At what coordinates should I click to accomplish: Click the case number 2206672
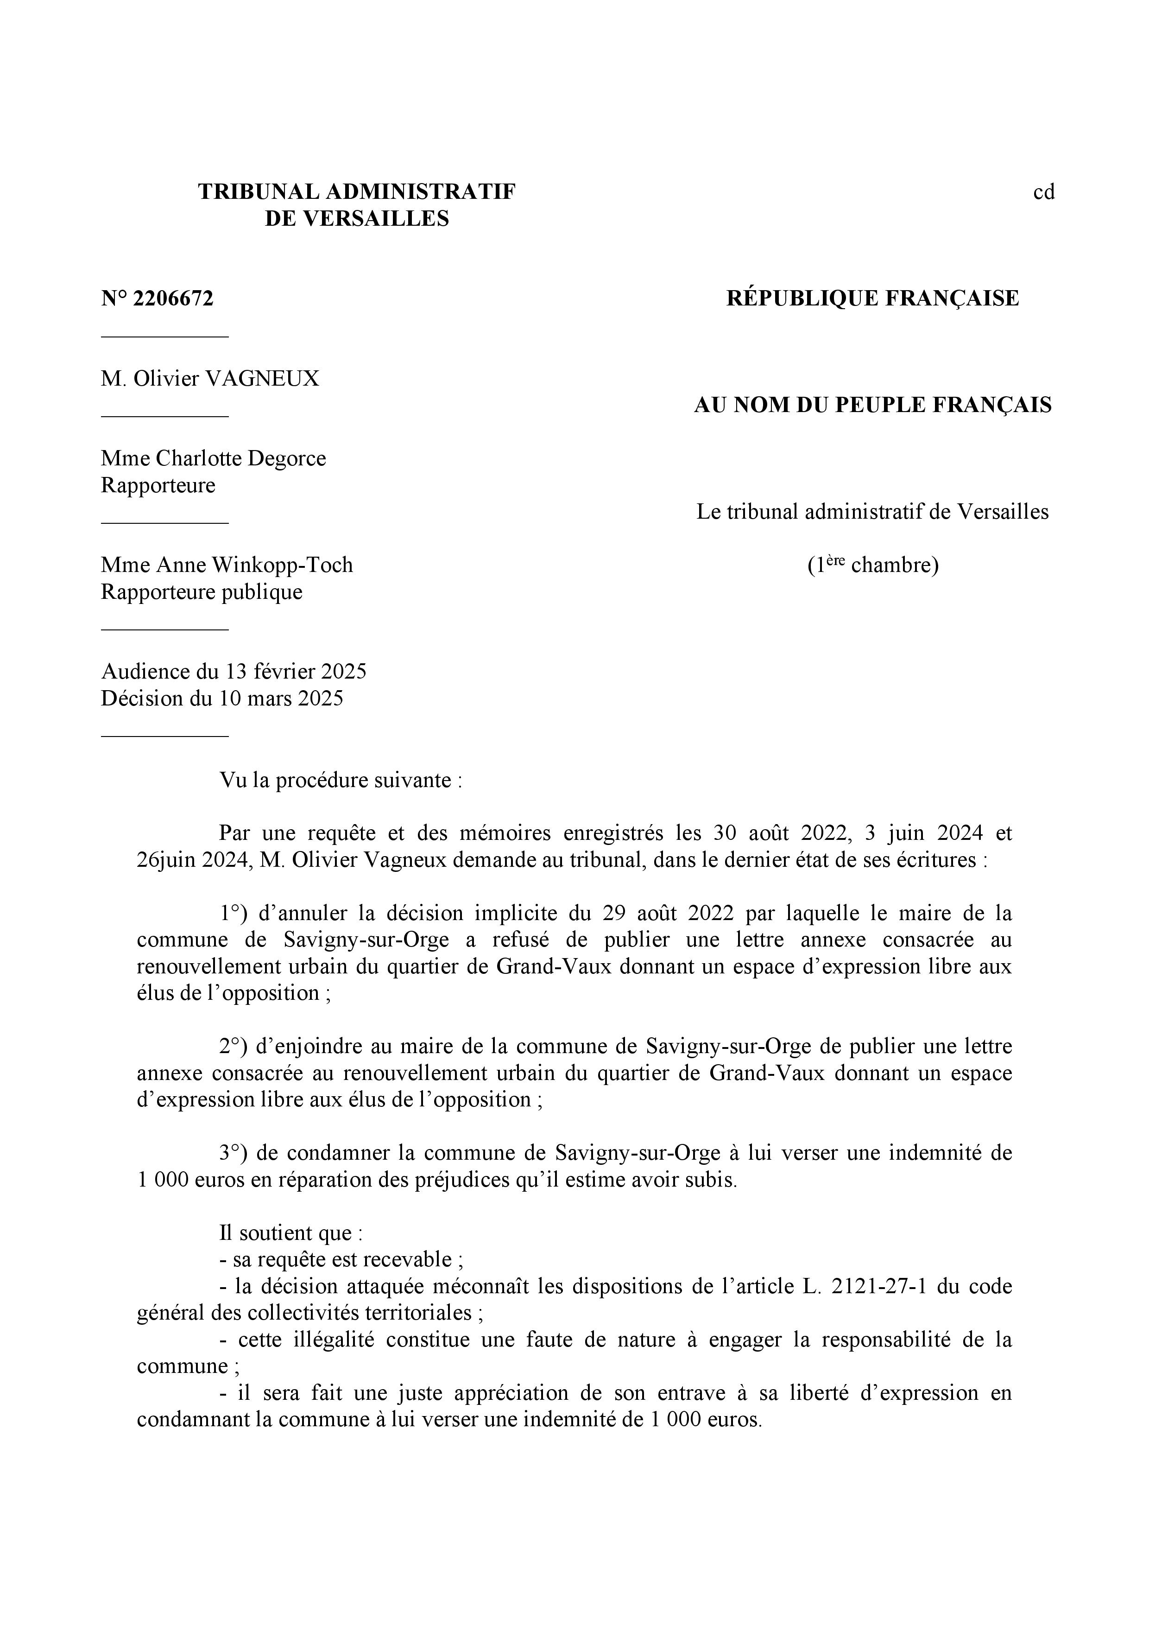pyautogui.click(x=173, y=299)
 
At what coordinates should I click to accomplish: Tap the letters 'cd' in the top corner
pyautogui.click(x=1043, y=192)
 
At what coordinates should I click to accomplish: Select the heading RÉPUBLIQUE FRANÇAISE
pyautogui.click(x=872, y=298)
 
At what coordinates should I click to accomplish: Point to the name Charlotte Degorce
pyautogui.click(x=241, y=458)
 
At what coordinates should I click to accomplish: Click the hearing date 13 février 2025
pyautogui.click(x=296, y=671)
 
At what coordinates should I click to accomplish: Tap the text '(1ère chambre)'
pyautogui.click(x=872, y=565)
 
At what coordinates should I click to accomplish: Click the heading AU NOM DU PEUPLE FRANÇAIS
pyautogui.click(x=872, y=405)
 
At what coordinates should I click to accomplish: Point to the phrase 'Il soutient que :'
pyautogui.click(x=291, y=1233)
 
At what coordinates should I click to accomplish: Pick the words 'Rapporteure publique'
pyautogui.click(x=201, y=591)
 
